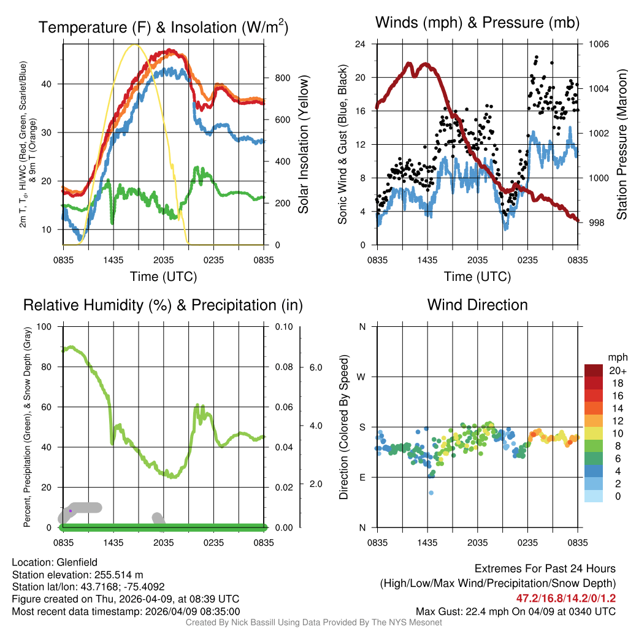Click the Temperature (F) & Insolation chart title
click(x=163, y=27)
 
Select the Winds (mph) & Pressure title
click(x=477, y=23)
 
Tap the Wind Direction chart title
click(x=477, y=305)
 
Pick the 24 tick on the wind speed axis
click(x=361, y=44)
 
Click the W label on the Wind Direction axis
click(x=362, y=377)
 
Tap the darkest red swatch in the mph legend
click(x=594, y=370)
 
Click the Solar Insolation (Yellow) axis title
click(x=303, y=144)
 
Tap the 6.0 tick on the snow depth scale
click(x=316, y=367)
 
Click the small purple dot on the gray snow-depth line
click(x=71, y=510)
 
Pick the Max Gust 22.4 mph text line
click(x=515, y=611)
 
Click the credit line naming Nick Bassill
click(x=313, y=622)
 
